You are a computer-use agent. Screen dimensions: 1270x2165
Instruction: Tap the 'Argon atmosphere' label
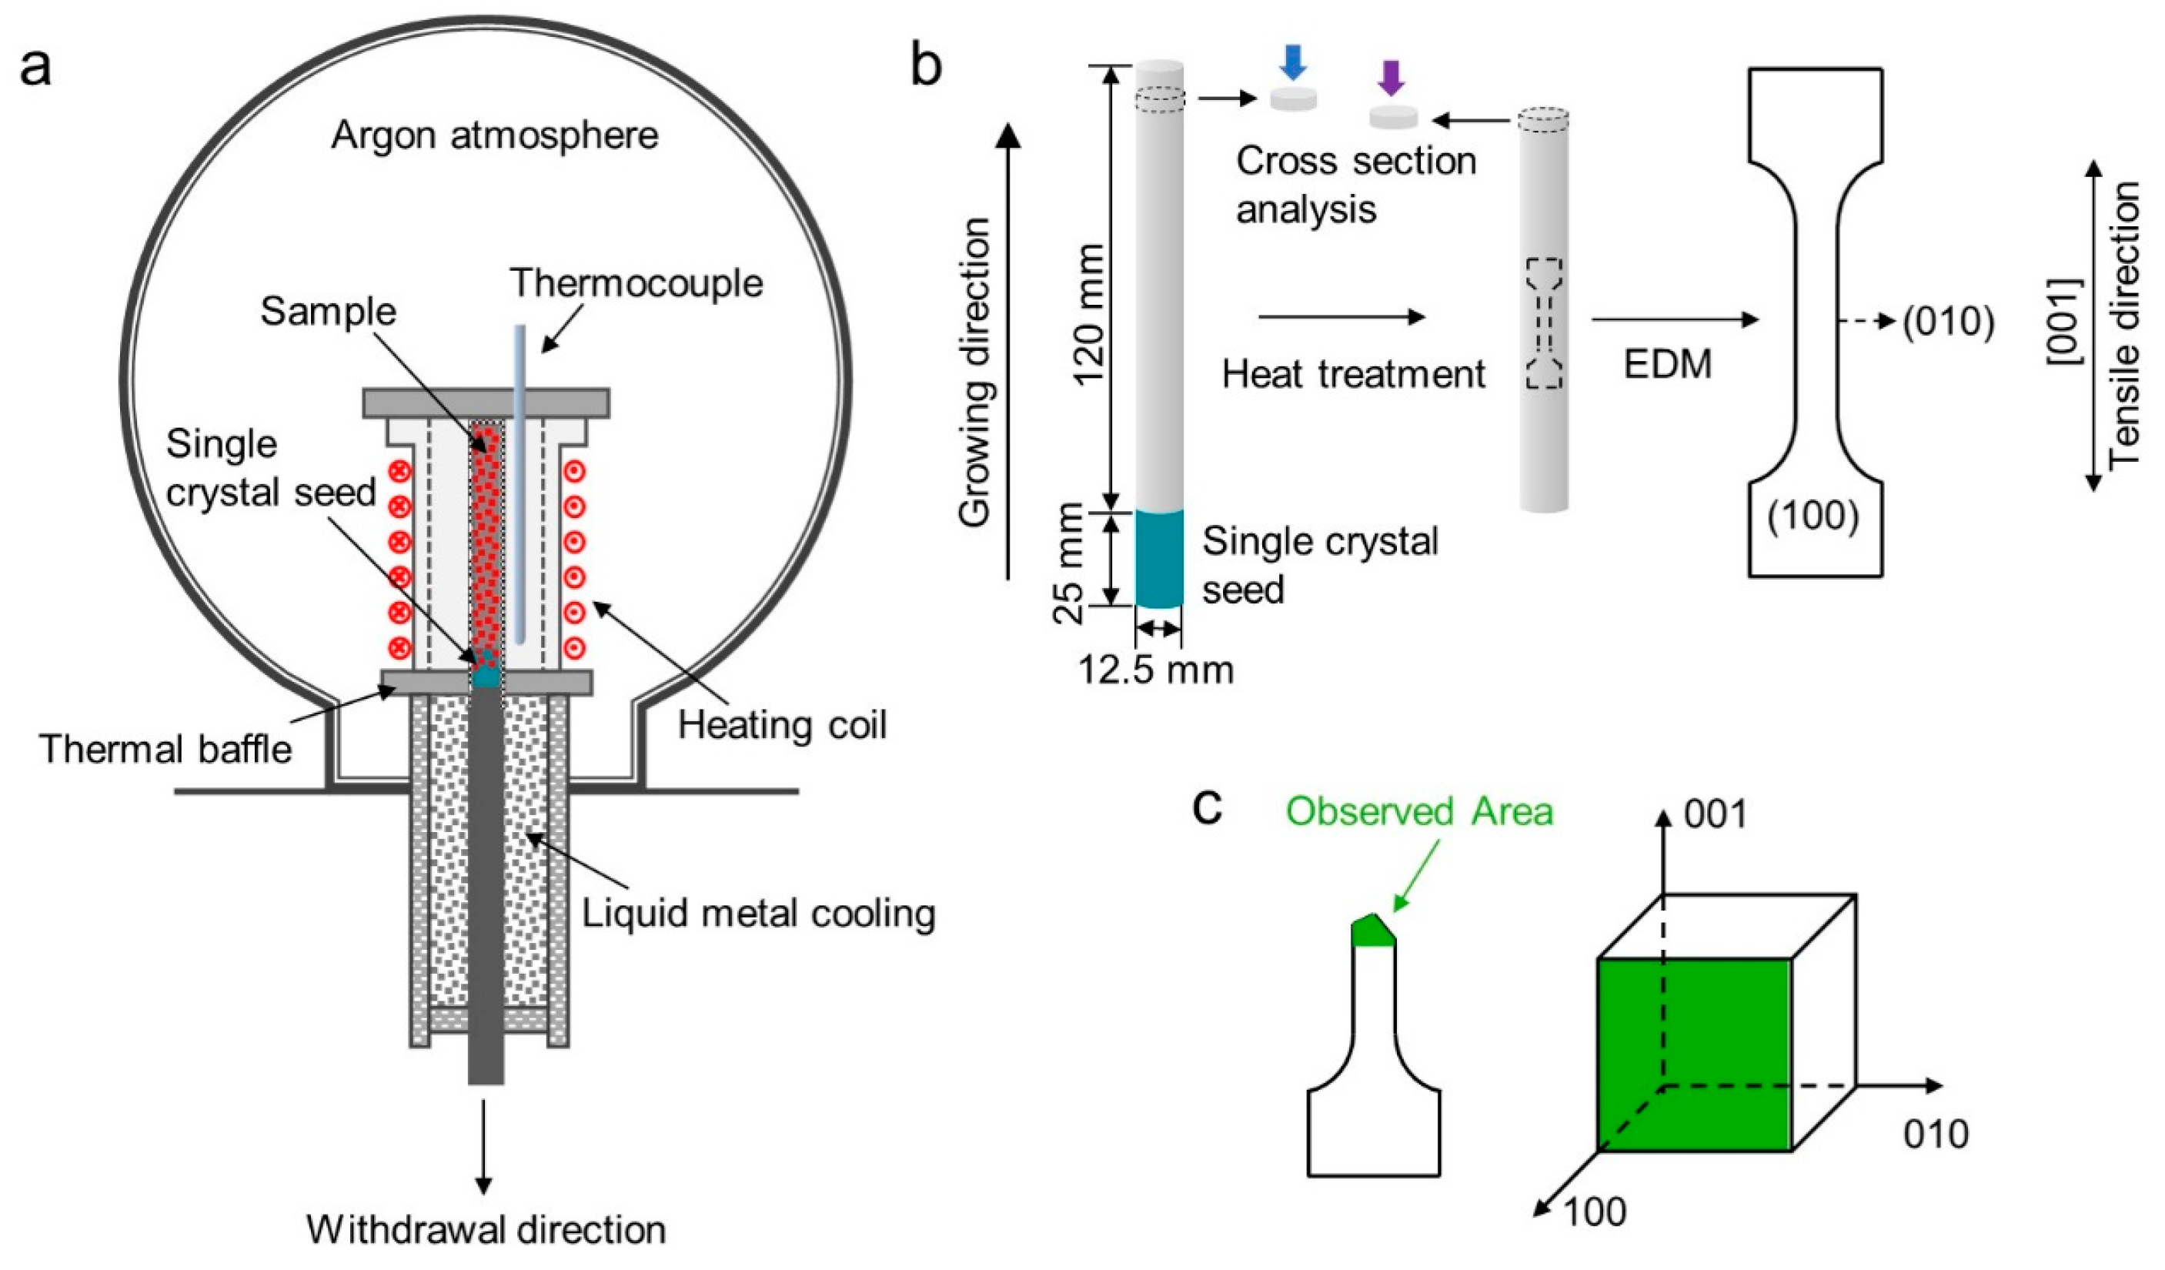point(495,135)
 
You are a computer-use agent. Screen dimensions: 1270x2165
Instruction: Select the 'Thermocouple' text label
point(636,283)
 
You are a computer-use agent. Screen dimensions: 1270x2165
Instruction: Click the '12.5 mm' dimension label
point(1155,670)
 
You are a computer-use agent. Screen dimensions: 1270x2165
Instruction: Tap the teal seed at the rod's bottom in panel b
point(1159,559)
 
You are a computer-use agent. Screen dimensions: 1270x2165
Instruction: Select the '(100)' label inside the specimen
point(1813,516)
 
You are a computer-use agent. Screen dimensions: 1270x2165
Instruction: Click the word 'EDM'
point(1668,364)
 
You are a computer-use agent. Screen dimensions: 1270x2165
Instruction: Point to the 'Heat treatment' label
point(1353,375)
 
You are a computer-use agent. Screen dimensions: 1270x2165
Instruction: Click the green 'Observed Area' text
point(1419,811)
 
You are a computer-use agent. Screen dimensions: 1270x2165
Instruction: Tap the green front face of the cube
point(1692,1054)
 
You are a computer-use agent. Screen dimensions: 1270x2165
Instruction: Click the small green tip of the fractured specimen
point(1372,931)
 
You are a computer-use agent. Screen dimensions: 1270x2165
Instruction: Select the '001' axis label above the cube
point(1716,814)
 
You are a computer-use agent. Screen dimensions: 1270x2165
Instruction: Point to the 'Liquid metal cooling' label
point(759,914)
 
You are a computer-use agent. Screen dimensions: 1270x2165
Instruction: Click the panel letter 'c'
point(1208,807)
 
